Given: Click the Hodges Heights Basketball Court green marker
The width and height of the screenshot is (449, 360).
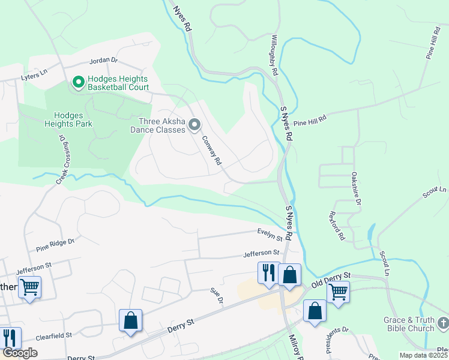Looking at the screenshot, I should pyautogui.click(x=77, y=82).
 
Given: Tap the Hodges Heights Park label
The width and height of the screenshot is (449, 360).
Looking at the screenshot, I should pyautogui.click(x=72, y=119).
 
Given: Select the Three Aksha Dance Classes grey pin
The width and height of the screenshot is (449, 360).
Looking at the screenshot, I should pyautogui.click(x=194, y=125).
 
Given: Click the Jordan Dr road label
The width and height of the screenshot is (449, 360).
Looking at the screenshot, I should pyautogui.click(x=104, y=61).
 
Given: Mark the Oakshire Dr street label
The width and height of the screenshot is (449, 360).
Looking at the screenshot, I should pyautogui.click(x=355, y=189).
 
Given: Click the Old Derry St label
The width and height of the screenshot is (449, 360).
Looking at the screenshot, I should pyautogui.click(x=330, y=277).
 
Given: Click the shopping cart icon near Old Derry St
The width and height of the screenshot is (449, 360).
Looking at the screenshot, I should pyautogui.click(x=338, y=292).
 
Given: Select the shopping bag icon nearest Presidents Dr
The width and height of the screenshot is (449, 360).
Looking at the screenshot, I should pyautogui.click(x=314, y=311).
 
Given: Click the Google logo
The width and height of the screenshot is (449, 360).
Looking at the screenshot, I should pyautogui.click(x=20, y=353).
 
